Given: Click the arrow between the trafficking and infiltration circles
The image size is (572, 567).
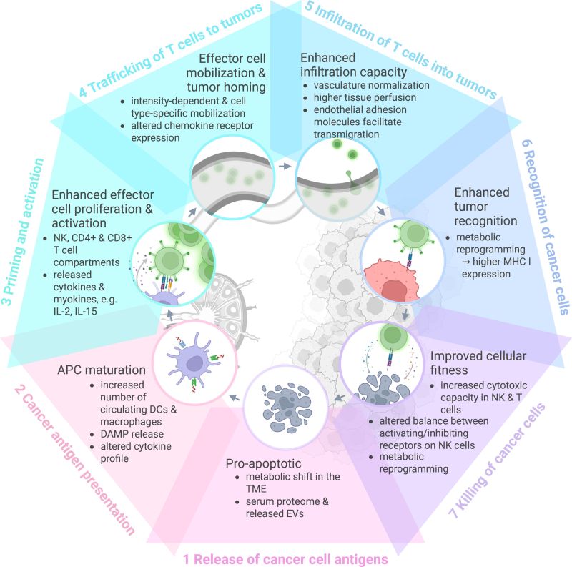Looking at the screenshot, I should tap(285, 166).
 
